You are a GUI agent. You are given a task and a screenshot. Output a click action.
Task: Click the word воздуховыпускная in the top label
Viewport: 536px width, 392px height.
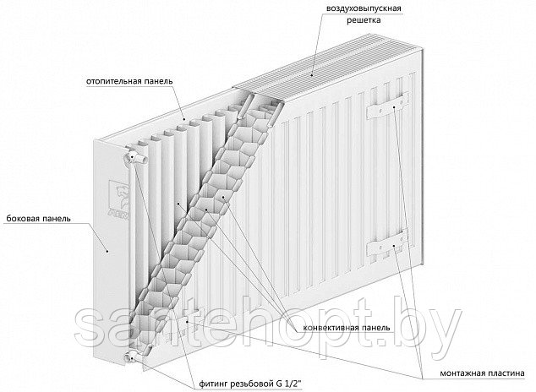(x=364, y=8)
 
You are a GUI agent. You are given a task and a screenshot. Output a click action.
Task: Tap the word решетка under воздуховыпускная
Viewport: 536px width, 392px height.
(x=364, y=20)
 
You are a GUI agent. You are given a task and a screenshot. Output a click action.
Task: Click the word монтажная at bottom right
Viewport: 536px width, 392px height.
(x=460, y=373)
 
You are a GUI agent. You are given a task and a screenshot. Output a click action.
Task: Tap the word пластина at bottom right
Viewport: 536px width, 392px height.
(x=504, y=373)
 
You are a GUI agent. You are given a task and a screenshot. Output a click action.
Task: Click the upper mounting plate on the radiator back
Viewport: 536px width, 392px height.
(x=388, y=106)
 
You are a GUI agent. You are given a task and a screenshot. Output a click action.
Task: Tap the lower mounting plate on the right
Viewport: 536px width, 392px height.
(x=388, y=243)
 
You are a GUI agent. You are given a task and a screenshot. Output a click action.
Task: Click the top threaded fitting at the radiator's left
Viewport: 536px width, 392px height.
(x=136, y=158)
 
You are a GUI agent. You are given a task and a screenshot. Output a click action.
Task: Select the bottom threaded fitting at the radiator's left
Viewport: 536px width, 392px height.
(x=136, y=354)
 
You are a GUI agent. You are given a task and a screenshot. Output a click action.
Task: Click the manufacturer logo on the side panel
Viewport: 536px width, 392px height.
(x=118, y=200)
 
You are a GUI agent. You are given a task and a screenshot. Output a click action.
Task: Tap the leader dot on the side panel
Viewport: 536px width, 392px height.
(x=107, y=251)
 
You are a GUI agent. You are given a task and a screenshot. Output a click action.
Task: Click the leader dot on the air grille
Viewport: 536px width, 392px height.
(x=312, y=74)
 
